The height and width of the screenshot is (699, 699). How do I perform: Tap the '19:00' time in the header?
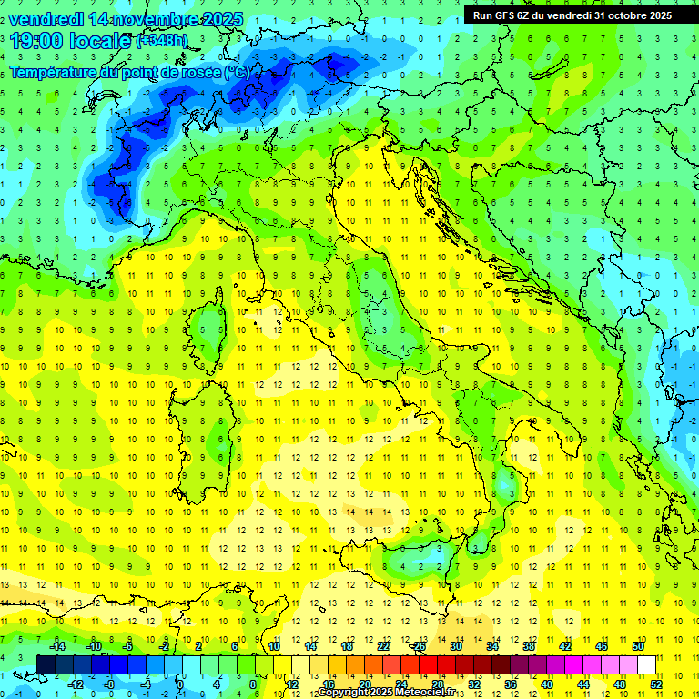click(x=39, y=41)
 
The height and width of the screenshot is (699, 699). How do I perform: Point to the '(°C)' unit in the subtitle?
click(x=236, y=72)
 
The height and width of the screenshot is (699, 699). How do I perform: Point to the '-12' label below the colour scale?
click(x=75, y=684)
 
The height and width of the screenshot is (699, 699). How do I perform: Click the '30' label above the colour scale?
click(x=456, y=646)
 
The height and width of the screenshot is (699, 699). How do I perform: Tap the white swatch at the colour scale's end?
click(x=646, y=665)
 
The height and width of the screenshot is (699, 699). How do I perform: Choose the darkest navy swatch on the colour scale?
click(x=46, y=665)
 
